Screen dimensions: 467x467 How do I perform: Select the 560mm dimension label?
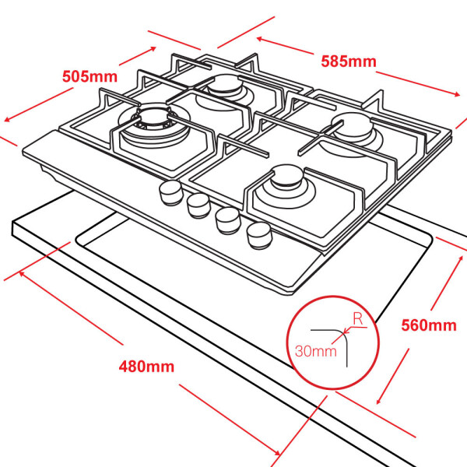tap(428, 325)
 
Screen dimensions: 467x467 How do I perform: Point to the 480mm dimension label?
tap(147, 366)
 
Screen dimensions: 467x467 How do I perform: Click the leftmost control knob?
tap(169, 193)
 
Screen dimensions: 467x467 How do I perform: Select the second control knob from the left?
tap(197, 205)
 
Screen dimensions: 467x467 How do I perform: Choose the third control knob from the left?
tap(226, 219)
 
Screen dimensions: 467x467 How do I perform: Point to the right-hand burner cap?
tap(348, 125)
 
